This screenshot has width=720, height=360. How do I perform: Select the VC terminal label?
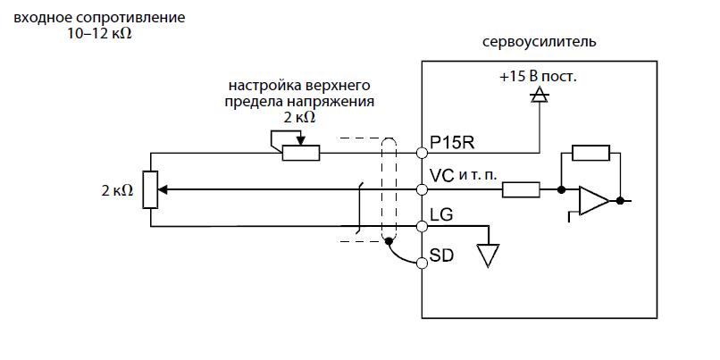click(442, 175)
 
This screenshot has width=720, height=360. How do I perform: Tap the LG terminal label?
click(440, 216)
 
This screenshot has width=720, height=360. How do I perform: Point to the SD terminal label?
click(441, 255)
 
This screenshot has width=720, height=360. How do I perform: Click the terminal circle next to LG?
click(422, 226)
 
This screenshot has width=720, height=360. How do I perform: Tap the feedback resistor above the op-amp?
click(590, 153)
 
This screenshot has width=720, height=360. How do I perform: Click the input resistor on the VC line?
click(520, 189)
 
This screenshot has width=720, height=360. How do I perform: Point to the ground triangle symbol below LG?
click(487, 255)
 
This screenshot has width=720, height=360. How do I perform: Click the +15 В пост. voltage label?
click(538, 77)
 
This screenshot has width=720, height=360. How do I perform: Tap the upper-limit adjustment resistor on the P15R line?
click(300, 152)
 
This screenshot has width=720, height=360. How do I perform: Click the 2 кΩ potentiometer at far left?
click(150, 188)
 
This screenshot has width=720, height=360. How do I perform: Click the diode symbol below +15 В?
click(538, 97)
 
